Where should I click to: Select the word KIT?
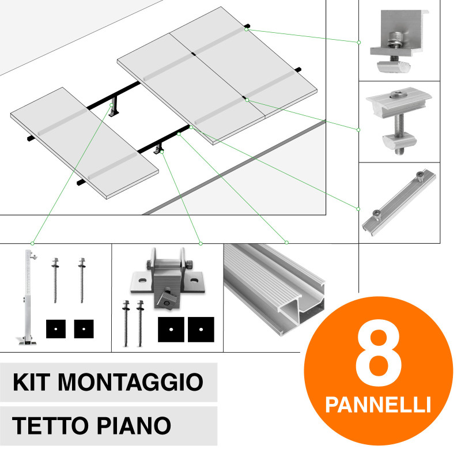(32, 381)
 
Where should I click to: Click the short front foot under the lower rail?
(160, 151)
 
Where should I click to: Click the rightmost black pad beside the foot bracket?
(202, 328)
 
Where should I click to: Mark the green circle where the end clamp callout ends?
(358, 42)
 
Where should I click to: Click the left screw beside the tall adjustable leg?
(57, 279)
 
